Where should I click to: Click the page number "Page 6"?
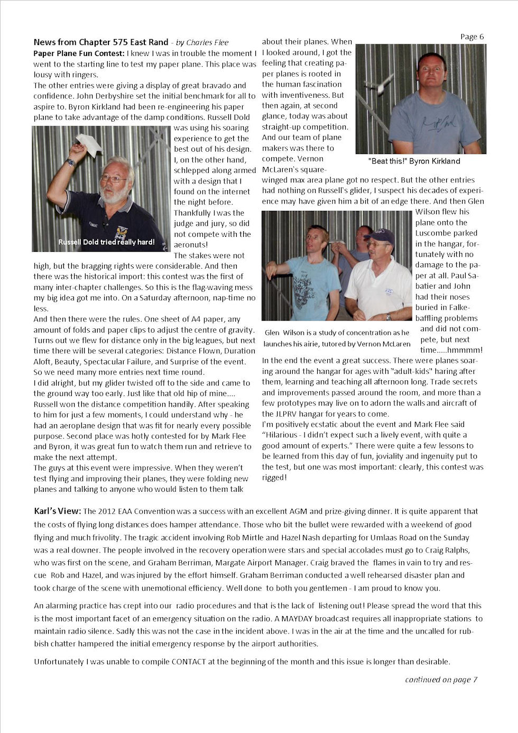click(x=471, y=36)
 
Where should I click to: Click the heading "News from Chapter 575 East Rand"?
click(x=100, y=42)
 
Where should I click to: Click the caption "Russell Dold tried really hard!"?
click(x=106, y=242)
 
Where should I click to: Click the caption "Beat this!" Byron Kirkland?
click(x=414, y=161)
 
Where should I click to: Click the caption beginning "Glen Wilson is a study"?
click(x=337, y=338)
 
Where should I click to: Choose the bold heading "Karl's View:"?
click(x=57, y=511)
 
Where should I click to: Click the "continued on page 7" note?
click(x=441, y=680)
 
